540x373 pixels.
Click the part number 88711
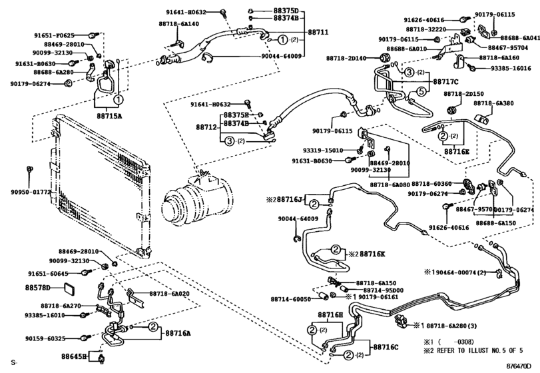tap(318, 32)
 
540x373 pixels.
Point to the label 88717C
tap(447, 82)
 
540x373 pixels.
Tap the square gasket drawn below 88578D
tap(69, 290)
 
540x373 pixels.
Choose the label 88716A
tap(178, 332)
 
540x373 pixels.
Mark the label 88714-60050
tap(290, 300)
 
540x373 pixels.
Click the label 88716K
tap(372, 254)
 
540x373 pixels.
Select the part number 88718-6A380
tap(493, 103)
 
